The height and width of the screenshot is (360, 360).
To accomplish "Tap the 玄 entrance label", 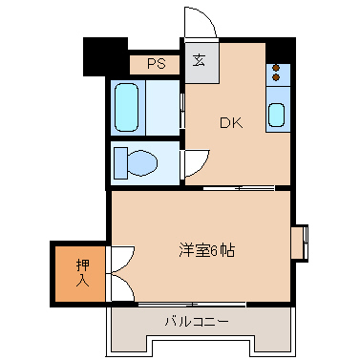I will [x=199, y=61].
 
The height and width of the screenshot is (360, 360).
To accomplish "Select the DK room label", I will [x=230, y=122].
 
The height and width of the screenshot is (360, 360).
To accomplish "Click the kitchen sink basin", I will [x=276, y=116].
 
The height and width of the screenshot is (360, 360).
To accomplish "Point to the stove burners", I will [x=276, y=74].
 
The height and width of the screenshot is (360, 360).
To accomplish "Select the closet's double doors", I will [x=121, y=271].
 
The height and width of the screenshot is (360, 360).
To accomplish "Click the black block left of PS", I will [x=106, y=56].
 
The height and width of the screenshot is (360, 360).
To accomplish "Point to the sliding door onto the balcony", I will [x=191, y=305].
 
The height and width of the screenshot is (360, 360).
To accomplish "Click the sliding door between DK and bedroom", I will [x=239, y=188].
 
